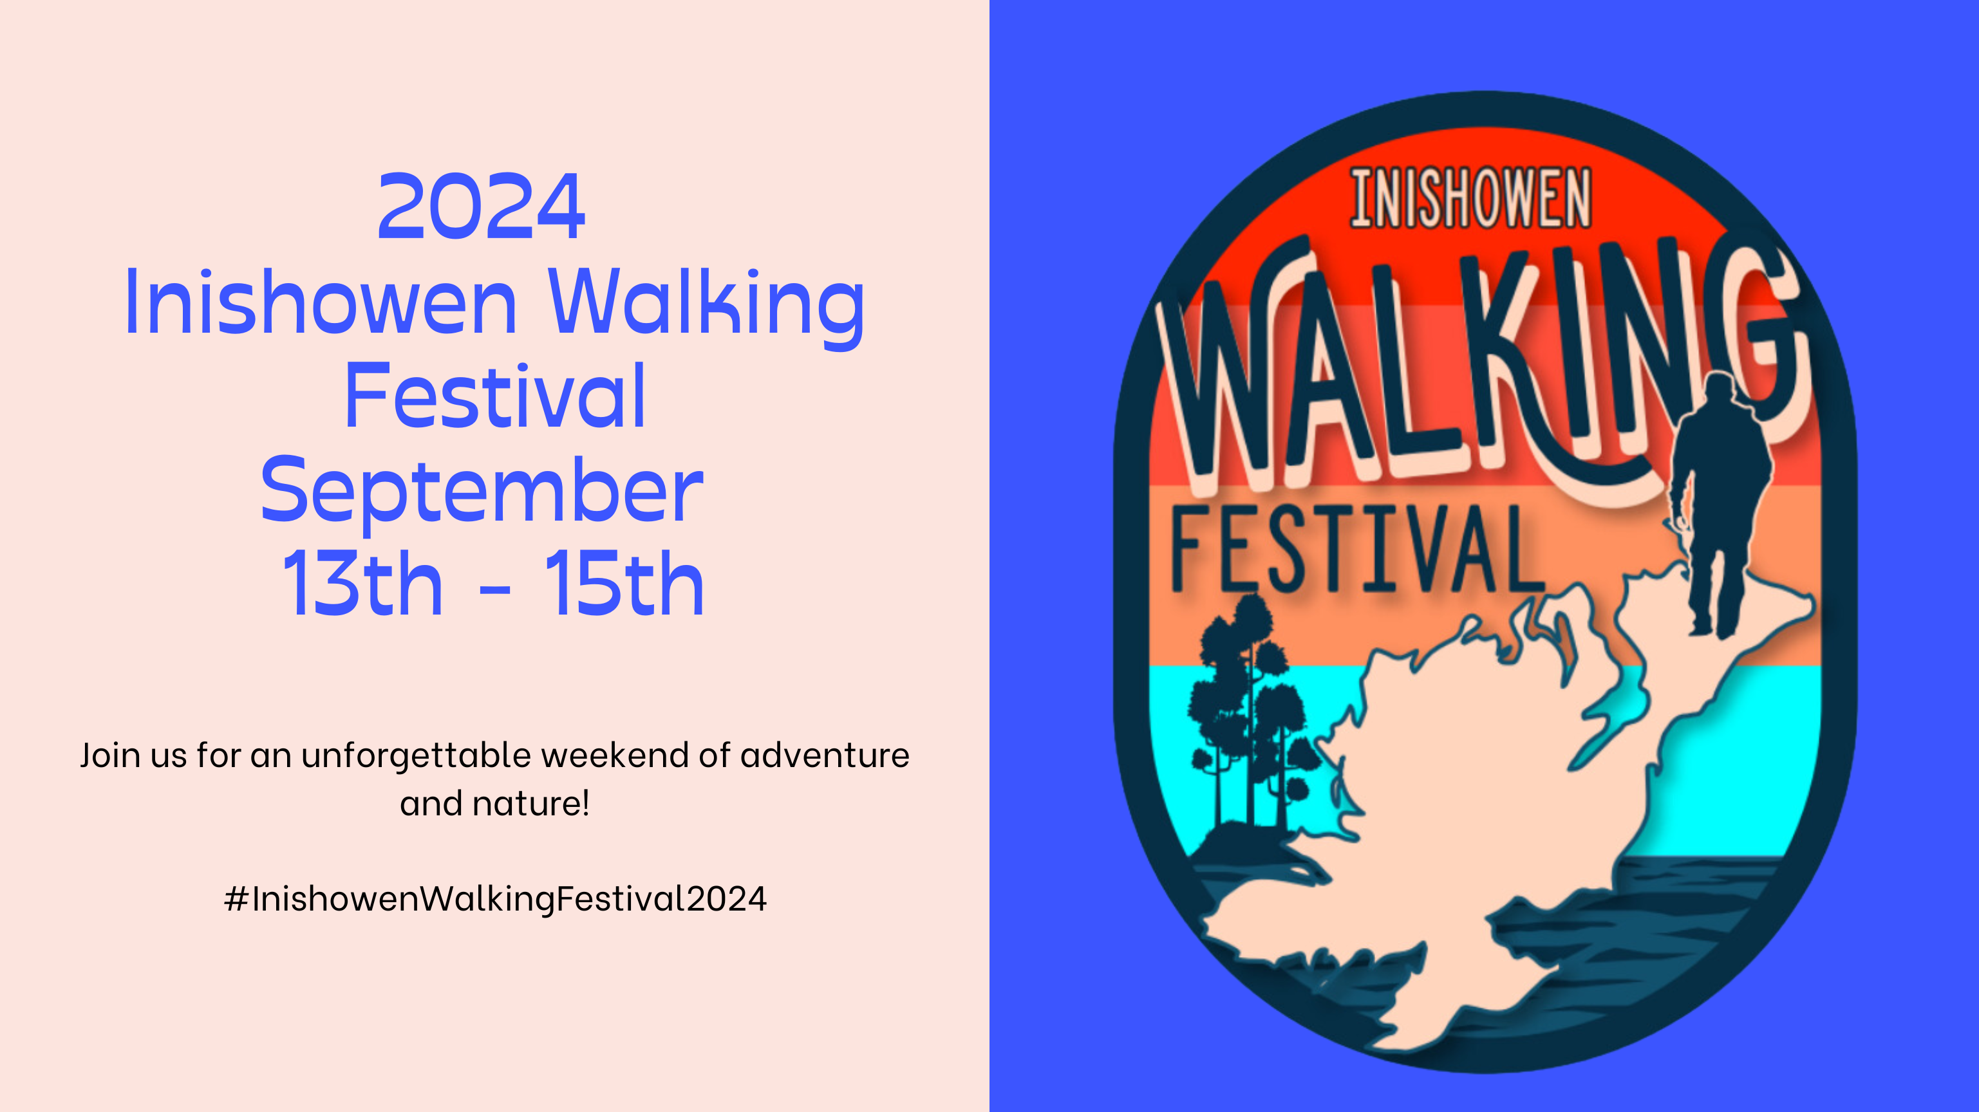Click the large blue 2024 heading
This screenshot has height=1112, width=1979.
(481, 207)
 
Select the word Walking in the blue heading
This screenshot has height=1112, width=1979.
(707, 307)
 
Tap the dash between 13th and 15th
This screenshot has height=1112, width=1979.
(494, 591)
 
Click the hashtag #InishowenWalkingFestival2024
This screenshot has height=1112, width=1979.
(494, 899)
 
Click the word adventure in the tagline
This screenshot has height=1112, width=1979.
(825, 755)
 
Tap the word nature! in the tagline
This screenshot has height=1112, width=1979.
(531, 804)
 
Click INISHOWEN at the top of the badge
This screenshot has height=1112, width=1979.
(1470, 198)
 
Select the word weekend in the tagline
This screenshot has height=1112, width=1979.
(615, 755)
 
